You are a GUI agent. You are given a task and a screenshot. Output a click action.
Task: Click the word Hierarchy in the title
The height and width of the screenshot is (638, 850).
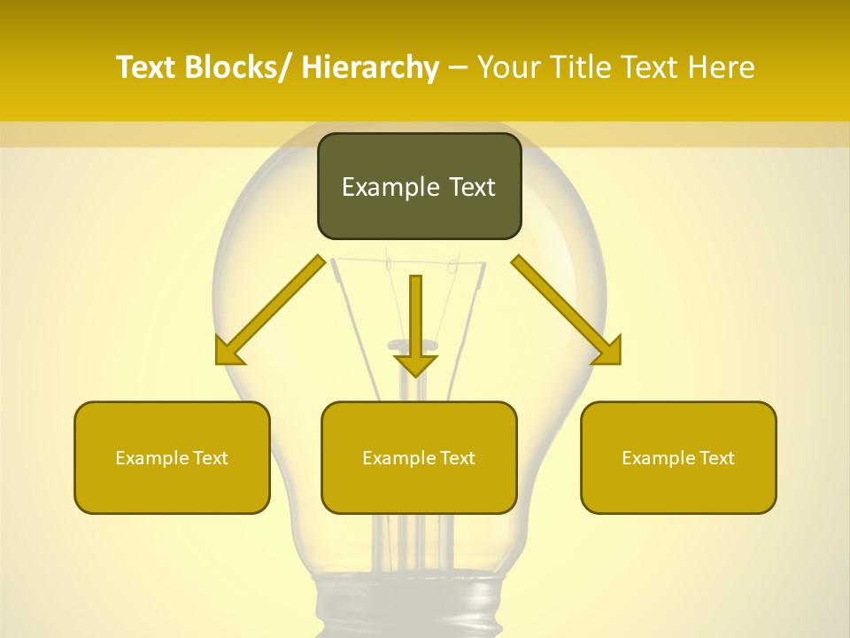tap(370, 67)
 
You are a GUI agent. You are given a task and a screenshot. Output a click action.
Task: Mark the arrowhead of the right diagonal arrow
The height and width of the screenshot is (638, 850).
tap(609, 353)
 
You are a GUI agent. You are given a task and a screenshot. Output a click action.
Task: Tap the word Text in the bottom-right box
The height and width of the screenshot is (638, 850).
tap(716, 458)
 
